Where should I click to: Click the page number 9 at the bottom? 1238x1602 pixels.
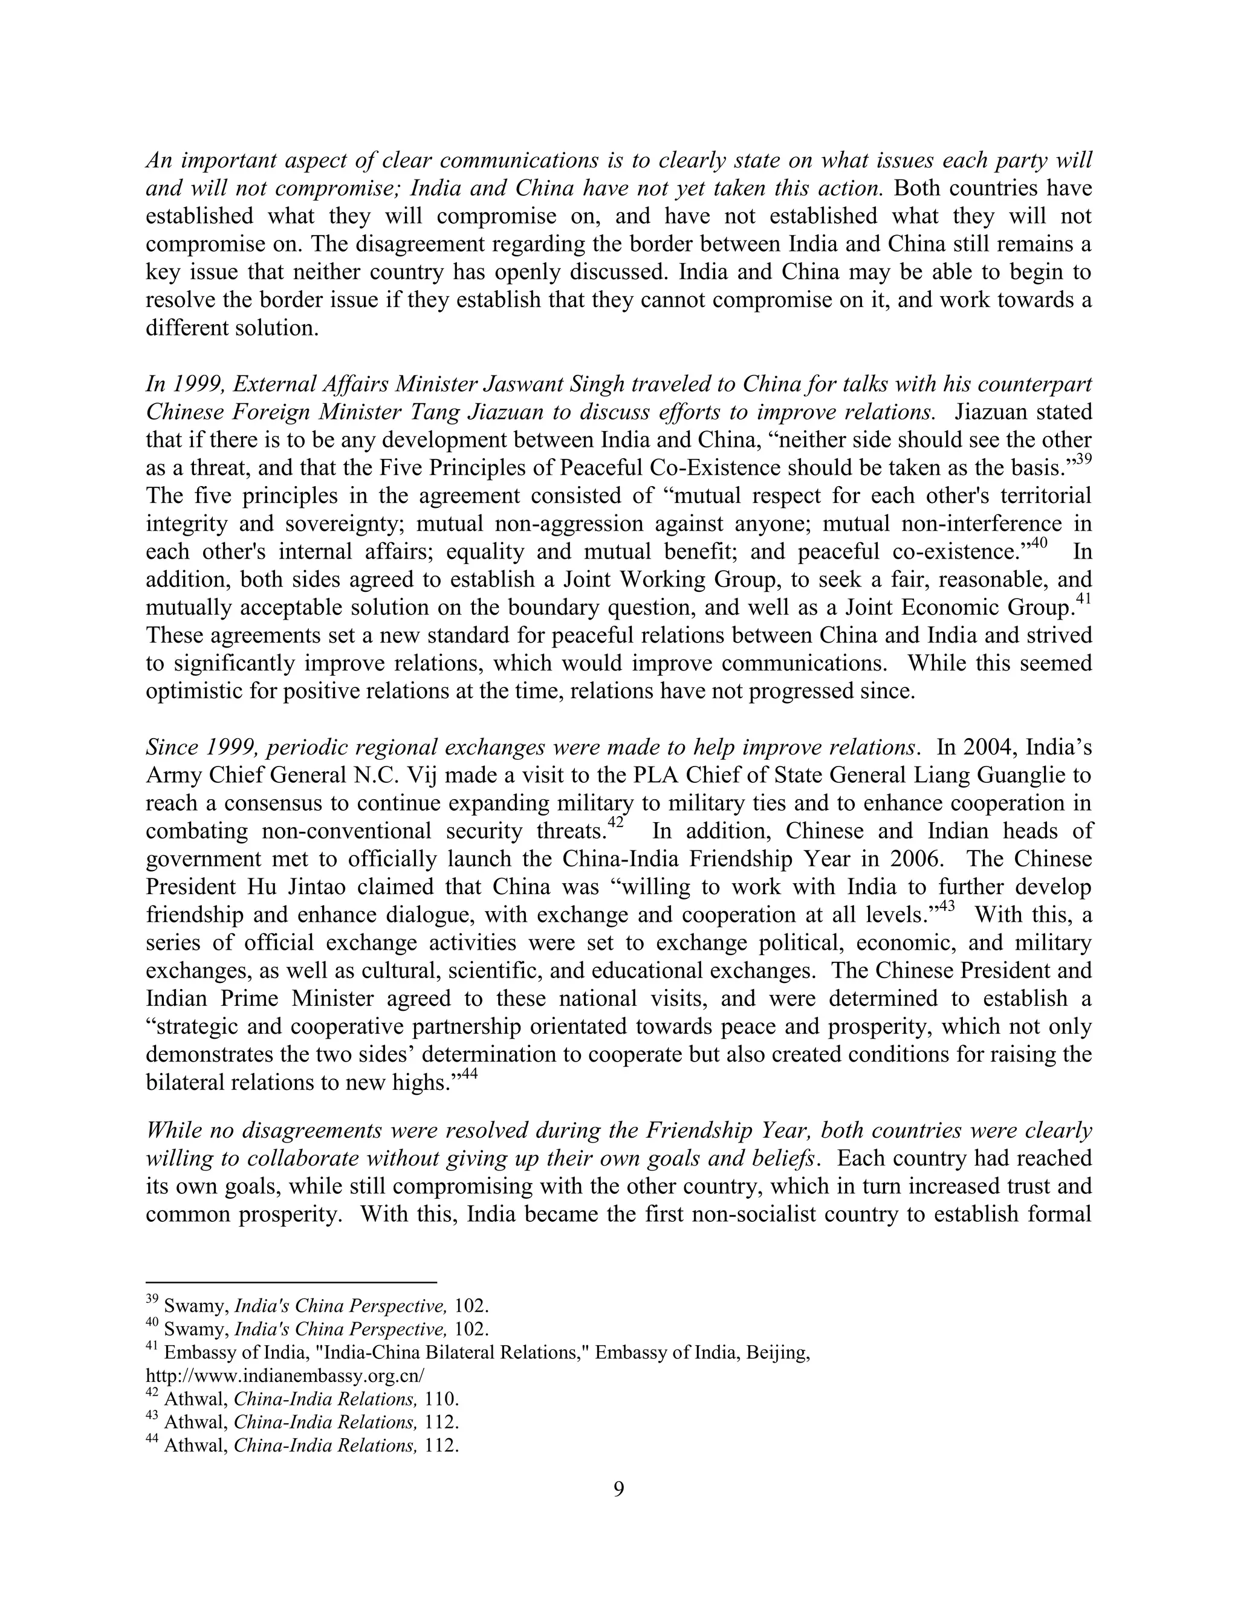[618, 1489]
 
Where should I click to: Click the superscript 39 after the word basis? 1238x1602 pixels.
[1083, 460]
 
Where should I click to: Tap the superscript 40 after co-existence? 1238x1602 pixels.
[1039, 543]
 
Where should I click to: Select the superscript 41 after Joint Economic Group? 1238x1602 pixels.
[1083, 599]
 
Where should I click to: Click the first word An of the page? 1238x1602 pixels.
[158, 161]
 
